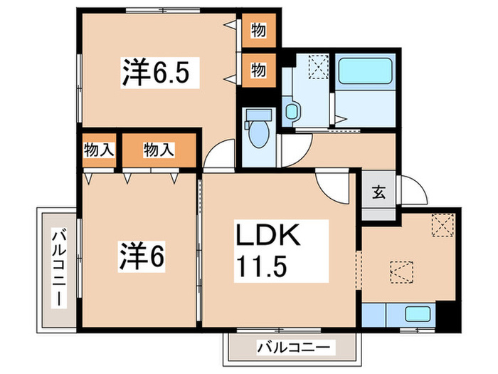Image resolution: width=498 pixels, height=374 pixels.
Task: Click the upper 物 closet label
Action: tap(258, 32)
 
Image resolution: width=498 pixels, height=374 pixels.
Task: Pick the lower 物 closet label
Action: tap(258, 70)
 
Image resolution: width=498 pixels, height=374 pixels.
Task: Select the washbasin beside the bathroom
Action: tap(292, 110)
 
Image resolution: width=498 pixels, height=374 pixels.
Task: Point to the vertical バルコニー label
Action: tap(58, 268)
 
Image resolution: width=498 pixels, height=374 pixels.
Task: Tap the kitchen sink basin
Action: tap(415, 313)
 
